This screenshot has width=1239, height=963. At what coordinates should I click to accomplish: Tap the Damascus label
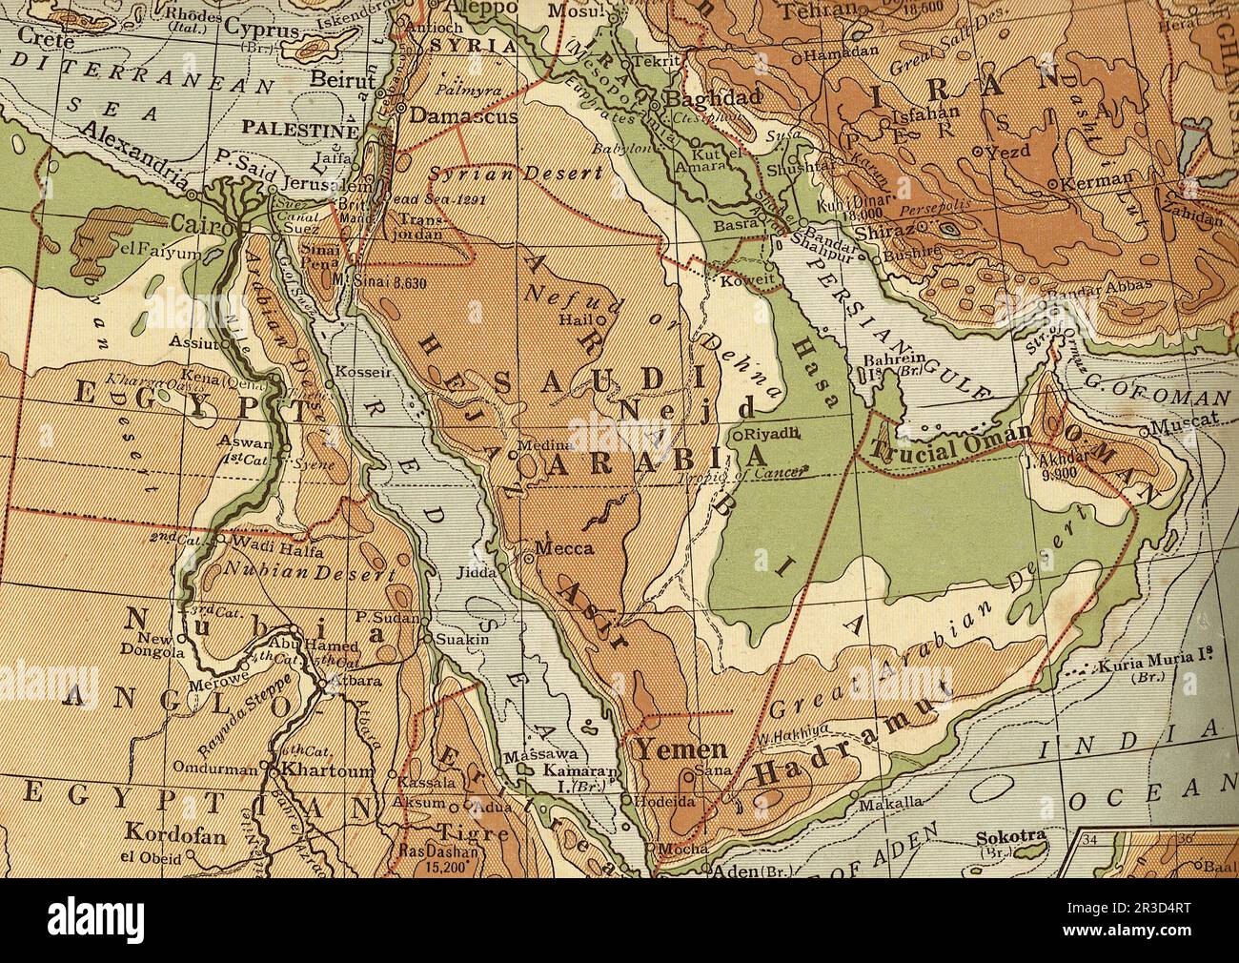(x=463, y=115)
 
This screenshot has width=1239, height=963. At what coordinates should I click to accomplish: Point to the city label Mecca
(x=564, y=549)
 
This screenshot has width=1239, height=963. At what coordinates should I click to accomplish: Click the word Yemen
(x=682, y=748)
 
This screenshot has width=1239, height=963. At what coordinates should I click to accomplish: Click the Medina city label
(x=545, y=445)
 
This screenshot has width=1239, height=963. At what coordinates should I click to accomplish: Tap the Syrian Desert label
(x=516, y=174)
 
